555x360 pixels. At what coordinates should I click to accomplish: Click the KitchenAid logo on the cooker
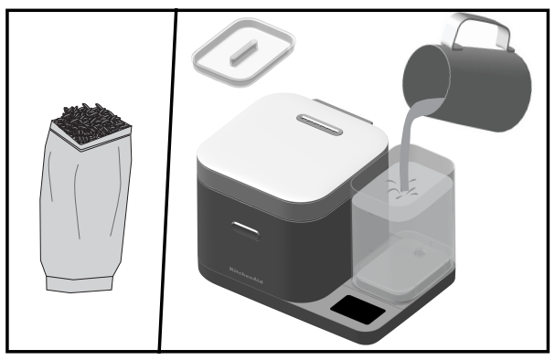246,275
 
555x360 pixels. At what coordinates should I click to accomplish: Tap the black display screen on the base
358,310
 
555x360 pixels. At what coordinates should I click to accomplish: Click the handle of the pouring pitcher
476,30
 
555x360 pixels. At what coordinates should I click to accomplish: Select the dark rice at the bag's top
92,123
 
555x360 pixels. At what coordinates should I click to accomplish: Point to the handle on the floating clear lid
243,53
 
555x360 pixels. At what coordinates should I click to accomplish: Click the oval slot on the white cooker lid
320,124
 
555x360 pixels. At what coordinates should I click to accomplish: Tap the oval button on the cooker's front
245,231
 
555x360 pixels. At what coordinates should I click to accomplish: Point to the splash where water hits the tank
403,189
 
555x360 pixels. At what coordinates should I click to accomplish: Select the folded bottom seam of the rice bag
80,285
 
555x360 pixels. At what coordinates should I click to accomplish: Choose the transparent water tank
403,223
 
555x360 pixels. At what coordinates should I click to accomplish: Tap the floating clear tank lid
244,52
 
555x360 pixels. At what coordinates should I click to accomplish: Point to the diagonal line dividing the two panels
167,180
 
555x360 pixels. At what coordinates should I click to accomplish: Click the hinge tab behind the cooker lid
345,112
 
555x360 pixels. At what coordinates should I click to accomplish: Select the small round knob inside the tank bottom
420,253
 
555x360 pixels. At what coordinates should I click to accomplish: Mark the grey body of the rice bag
85,208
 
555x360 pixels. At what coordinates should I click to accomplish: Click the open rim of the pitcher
426,80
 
